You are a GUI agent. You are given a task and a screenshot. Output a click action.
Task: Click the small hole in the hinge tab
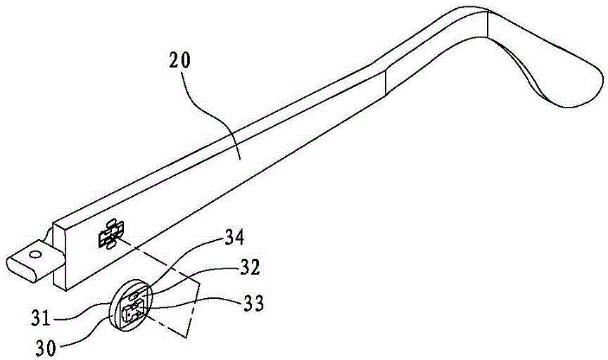coord(32,250)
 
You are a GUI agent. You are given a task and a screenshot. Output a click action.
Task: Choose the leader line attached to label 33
coord(190,306)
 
